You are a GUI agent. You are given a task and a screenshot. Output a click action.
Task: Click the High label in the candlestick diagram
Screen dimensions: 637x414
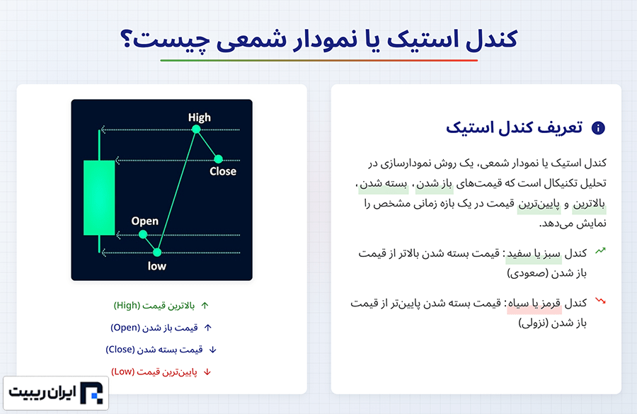tap(199, 117)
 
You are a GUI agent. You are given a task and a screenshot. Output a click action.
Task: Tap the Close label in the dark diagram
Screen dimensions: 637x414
tap(223, 171)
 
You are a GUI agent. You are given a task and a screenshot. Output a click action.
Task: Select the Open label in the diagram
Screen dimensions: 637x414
tap(144, 222)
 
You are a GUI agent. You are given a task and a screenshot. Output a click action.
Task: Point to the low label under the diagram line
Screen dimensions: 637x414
tap(157, 266)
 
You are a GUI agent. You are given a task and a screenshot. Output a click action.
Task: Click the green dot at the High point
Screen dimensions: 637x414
tap(196, 130)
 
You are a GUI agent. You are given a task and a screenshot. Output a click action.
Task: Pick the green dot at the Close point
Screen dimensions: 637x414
tap(218, 159)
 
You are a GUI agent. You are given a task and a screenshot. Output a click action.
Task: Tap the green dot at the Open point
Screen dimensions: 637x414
tap(142, 234)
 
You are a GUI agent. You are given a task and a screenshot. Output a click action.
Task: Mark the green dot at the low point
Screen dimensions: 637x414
tap(157, 253)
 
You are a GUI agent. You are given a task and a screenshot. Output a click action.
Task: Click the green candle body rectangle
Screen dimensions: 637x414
tap(99, 198)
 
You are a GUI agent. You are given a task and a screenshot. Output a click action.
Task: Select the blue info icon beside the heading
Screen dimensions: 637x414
tap(598, 128)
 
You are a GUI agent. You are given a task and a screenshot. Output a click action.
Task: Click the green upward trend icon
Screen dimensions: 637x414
tap(600, 251)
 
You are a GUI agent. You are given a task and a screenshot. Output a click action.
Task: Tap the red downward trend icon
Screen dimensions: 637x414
tap(600, 301)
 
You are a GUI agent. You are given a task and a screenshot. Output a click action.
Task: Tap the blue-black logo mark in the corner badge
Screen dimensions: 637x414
tap(91, 393)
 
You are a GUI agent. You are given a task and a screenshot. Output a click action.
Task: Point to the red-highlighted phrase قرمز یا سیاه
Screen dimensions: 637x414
tap(534, 304)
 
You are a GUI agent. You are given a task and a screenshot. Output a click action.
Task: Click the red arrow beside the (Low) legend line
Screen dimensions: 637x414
tap(207, 372)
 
